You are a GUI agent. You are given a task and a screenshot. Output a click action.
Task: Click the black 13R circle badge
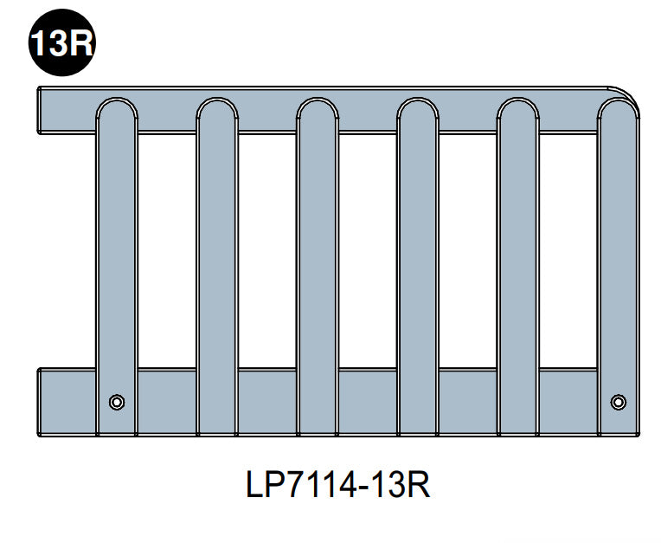61,42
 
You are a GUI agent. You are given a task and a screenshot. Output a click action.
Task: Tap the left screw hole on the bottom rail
116,401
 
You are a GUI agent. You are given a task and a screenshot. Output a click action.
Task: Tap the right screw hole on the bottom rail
618,401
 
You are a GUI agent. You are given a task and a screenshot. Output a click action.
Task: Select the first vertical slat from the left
116,260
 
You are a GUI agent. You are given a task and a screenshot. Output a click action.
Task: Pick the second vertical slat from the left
216,260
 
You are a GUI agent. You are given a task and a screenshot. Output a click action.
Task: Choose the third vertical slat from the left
317,260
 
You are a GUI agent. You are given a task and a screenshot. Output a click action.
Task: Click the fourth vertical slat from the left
417,260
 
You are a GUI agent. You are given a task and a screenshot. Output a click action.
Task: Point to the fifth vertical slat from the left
517,260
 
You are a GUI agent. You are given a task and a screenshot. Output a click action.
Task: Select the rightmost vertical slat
618,260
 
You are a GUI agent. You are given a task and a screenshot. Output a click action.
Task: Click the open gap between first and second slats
166,251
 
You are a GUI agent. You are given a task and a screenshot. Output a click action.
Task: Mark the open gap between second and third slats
266,251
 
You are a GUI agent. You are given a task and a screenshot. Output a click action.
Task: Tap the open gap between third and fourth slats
367,251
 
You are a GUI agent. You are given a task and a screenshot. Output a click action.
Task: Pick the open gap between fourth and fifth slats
467,251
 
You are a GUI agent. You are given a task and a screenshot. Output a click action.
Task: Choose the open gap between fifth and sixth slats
568,251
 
